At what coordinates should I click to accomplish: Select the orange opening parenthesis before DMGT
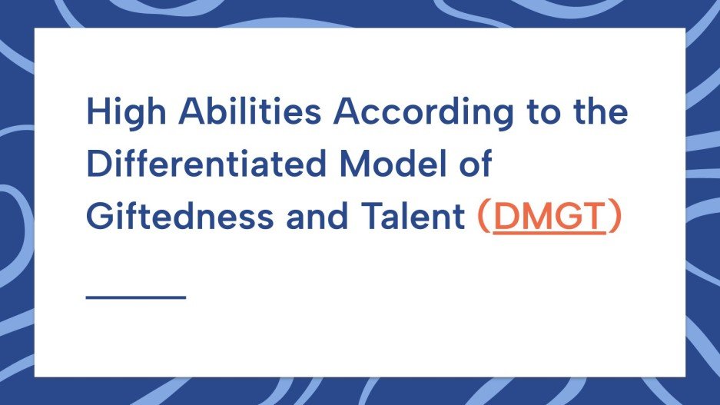click(483, 217)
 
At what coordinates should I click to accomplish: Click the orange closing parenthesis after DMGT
click(613, 217)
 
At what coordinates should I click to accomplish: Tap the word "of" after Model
click(478, 164)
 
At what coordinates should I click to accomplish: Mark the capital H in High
click(96, 113)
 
